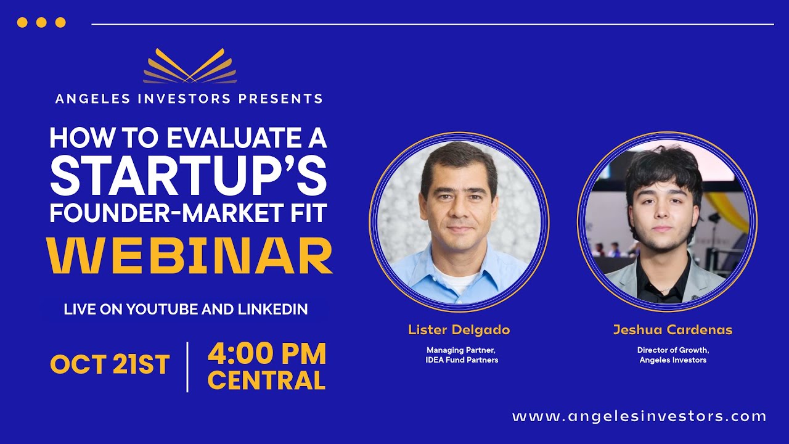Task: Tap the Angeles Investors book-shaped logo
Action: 190,67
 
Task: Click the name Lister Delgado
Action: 459,330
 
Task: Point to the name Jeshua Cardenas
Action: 672,330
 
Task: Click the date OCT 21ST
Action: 110,364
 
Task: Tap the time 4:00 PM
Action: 267,354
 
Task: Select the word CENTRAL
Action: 266,380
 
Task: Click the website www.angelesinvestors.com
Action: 639,416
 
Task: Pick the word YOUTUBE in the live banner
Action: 162,310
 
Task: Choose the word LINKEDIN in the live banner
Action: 273,310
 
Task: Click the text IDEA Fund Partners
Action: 462,360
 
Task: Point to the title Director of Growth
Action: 672,350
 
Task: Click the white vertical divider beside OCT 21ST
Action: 187,366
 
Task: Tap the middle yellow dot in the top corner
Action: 41,23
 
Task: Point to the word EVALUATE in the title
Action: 226,138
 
